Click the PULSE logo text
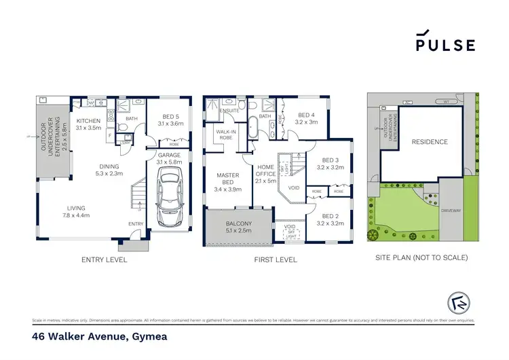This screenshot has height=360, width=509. pos(446,45)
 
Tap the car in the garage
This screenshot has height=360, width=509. pos(168,198)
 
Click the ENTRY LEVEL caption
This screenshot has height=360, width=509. pos(104,259)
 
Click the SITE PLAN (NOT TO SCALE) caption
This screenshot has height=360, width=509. pos(421,258)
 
